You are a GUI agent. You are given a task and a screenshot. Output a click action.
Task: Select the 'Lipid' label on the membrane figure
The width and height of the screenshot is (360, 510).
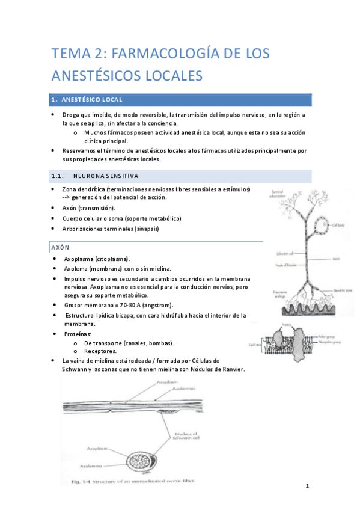click(252, 345)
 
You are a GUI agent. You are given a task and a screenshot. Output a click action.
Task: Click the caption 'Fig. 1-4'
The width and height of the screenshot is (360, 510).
click(77, 481)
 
